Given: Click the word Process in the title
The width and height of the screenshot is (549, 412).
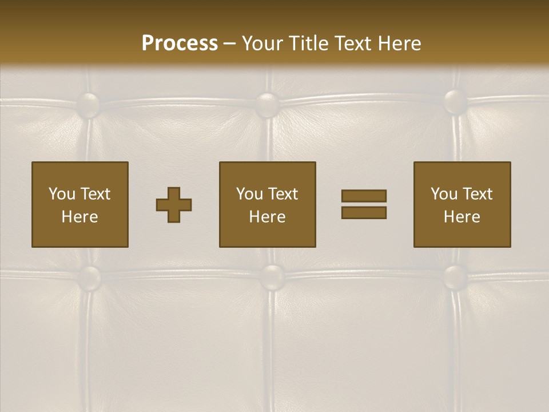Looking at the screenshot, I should point(180,43).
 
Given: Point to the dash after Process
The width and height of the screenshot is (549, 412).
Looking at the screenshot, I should point(230,44).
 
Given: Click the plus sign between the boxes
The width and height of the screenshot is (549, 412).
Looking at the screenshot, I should point(174,205).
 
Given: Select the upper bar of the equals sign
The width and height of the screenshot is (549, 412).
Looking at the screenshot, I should point(364,196).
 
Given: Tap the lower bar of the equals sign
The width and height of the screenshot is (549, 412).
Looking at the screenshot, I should point(364,212).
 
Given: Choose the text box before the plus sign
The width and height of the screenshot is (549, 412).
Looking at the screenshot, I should point(80,204).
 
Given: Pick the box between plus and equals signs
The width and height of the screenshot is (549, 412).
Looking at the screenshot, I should point(268,204).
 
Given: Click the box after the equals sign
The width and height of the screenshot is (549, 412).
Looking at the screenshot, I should point(462,204).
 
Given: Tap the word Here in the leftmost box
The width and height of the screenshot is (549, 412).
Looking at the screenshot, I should point(80,217).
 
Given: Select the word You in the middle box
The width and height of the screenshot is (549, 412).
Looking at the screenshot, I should point(249,194).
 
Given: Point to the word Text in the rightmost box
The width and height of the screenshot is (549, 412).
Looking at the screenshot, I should point(477,194).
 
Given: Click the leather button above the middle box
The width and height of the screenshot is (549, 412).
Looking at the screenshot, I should point(267,104).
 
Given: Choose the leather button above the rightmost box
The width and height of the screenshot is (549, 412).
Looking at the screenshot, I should point(456,101).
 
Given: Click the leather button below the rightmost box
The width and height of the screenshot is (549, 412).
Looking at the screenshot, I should point(456,276).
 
